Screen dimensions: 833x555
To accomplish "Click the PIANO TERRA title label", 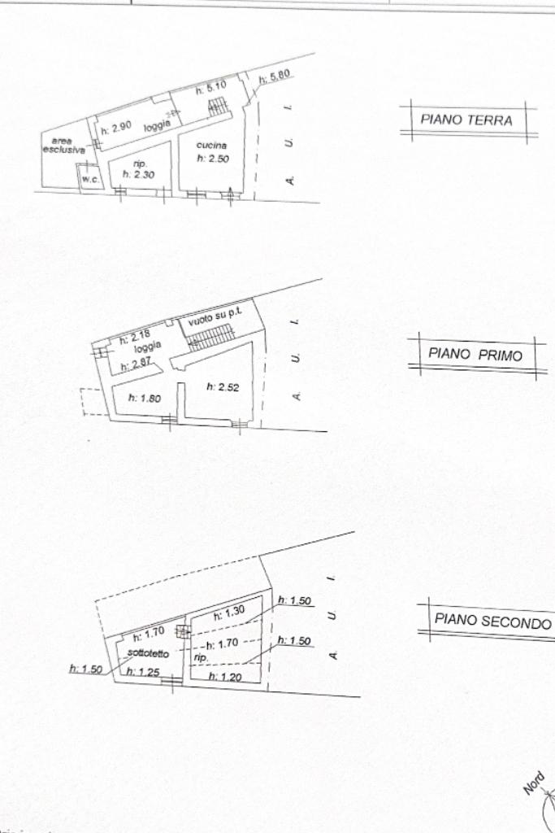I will point(466,120).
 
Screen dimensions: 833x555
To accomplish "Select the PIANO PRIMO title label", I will point(475,355).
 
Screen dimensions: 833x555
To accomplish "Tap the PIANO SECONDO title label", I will point(492,620).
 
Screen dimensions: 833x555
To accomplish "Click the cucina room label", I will point(211,146).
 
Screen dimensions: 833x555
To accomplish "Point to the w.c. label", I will point(89,179).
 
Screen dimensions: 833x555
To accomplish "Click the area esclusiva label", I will point(63,146).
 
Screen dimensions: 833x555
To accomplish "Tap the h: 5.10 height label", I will point(210,88).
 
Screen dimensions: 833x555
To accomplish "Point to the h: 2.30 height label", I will point(138,173).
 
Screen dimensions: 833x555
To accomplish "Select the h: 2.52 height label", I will point(221,386).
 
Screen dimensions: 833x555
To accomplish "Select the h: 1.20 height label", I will point(223,676).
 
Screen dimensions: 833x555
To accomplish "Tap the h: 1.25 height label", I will point(145,672).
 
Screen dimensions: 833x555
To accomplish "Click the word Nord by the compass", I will point(534,783).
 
